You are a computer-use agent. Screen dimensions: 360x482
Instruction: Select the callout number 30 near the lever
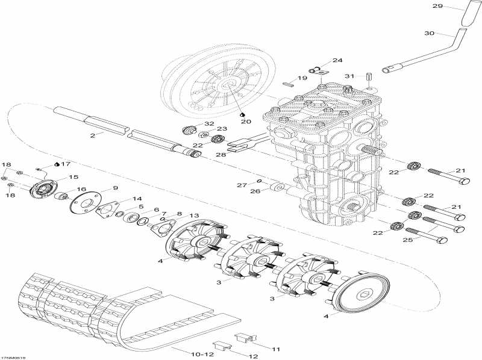(429, 34)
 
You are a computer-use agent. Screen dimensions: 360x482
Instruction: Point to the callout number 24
(337, 61)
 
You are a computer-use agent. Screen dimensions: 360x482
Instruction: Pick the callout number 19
(302, 78)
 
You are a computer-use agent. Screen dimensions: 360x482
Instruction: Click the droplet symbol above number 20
(242, 113)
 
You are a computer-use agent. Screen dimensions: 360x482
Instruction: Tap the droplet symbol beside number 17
(56, 163)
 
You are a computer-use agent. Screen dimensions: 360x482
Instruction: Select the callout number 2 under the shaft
(93, 136)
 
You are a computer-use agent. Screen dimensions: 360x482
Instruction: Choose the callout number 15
(74, 177)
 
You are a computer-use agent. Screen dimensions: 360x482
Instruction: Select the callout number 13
(194, 216)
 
